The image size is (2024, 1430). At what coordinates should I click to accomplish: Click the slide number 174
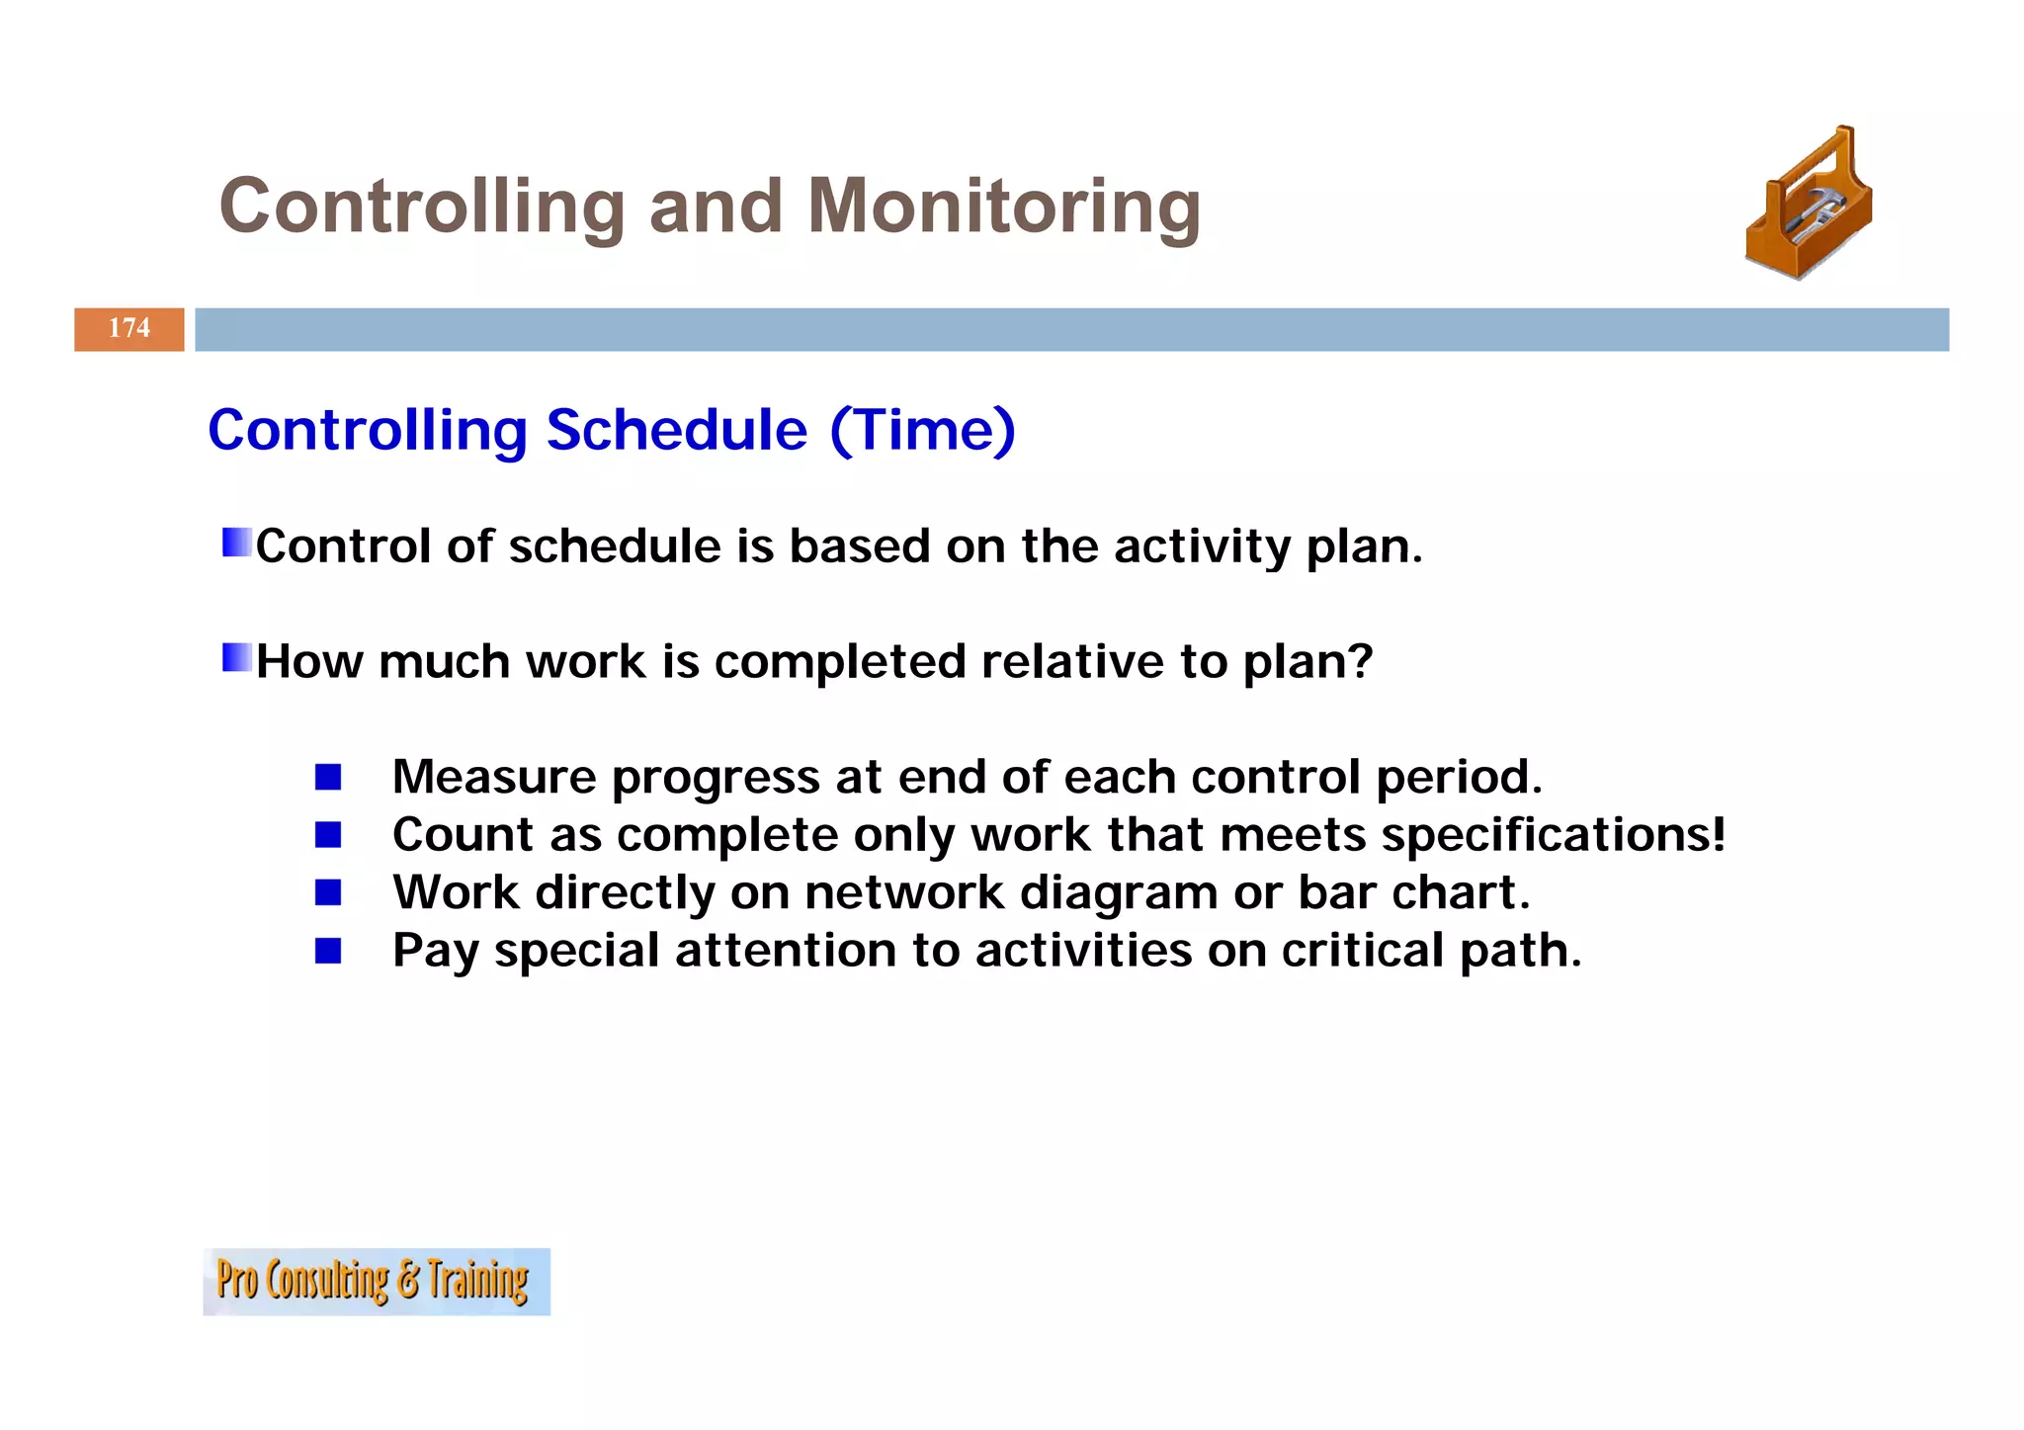129,328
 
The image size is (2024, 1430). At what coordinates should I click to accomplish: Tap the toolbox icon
1809,205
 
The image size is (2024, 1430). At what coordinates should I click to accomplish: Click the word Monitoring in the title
1003,207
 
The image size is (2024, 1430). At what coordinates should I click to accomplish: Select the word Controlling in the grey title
422,207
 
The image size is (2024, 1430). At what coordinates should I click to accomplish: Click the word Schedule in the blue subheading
676,430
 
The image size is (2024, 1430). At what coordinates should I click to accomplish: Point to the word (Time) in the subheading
922,430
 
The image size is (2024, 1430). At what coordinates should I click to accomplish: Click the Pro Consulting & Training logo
376,1281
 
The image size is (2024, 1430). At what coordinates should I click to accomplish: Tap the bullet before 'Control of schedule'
237,543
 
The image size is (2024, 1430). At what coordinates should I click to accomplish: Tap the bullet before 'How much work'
237,657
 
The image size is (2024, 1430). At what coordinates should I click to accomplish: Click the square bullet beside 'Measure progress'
328,777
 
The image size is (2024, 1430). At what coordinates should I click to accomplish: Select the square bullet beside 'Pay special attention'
328,951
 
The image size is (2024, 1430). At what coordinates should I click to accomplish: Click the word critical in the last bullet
1363,951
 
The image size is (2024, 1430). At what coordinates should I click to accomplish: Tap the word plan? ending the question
1307,662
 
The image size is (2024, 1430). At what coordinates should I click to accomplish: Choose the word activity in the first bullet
1203,547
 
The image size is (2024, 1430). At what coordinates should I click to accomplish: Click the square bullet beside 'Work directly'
328,893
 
